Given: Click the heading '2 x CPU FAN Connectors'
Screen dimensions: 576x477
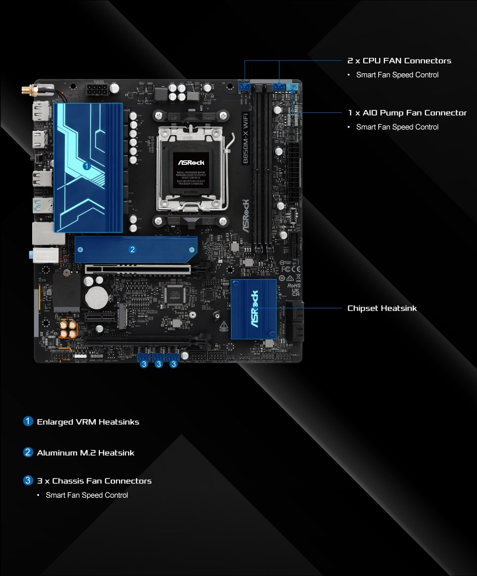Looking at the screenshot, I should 399,61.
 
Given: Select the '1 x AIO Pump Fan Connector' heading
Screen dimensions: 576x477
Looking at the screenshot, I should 407,113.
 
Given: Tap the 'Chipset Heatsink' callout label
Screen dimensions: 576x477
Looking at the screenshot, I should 382,308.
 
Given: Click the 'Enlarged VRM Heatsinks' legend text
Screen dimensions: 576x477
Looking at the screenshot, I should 88,422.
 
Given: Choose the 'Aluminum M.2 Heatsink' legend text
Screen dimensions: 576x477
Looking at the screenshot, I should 86,453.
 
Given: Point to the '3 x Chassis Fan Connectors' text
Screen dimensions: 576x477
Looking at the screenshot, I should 94,481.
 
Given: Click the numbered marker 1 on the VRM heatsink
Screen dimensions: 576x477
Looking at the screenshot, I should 87,166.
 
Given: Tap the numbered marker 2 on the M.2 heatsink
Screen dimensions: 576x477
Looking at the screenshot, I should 132,249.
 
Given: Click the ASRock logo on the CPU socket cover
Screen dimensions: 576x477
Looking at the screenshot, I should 191,162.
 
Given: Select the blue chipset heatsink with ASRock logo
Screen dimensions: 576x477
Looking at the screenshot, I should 253,309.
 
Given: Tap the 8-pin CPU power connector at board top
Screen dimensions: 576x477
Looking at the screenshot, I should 98,91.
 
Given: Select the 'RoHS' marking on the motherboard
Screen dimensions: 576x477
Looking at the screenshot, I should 294,286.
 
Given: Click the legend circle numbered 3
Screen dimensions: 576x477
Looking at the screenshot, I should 28,480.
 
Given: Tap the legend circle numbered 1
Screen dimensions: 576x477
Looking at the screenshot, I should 28,422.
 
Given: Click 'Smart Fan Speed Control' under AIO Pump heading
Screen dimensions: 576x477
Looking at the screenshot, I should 397,127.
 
